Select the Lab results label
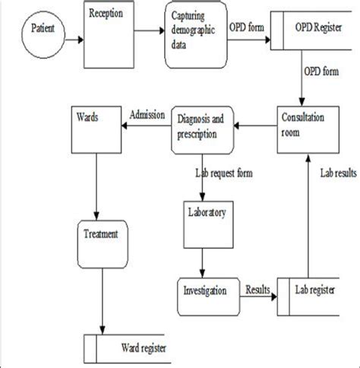[336, 173]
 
